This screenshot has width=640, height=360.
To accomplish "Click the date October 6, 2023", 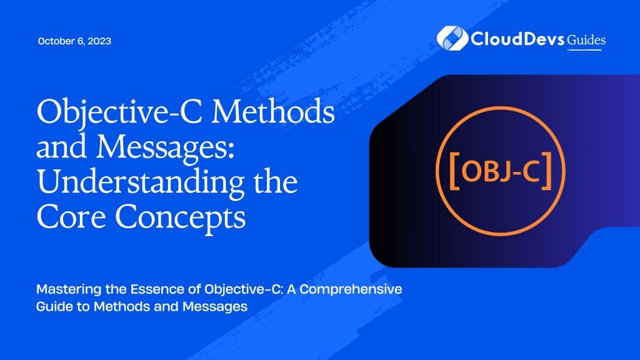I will click(75, 41).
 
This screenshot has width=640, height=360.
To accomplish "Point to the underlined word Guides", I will click(586, 39).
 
